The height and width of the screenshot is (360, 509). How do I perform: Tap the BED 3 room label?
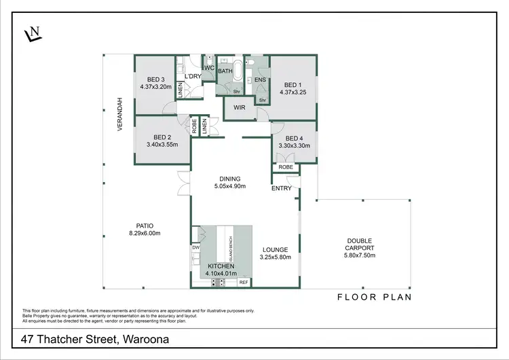153,79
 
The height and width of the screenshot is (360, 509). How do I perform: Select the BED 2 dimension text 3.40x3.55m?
162,144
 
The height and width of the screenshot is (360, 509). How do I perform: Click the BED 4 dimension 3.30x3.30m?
294,145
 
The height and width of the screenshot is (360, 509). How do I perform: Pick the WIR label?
239,107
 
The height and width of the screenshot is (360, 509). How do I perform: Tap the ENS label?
260,79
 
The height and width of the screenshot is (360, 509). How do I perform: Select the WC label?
209,69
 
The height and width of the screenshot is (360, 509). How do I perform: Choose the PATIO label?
145,226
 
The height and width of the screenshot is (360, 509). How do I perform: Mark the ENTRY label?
281,188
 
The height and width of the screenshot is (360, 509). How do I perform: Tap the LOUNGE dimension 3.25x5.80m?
276,258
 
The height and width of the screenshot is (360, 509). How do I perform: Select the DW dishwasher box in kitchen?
196,248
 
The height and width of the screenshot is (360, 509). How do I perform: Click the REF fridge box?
243,281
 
